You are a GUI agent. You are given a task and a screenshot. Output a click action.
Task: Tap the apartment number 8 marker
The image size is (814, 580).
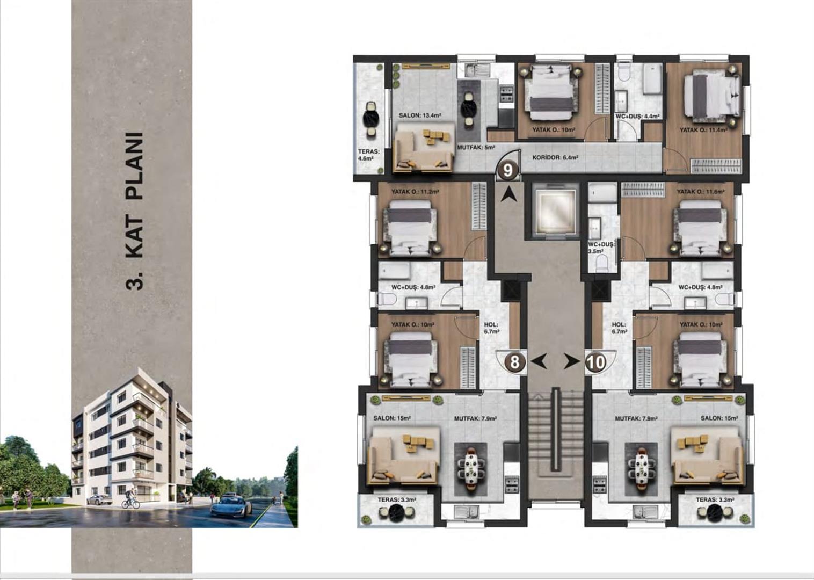(x=514, y=362)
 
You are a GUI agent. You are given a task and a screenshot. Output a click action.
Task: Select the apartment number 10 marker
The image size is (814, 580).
(x=596, y=362)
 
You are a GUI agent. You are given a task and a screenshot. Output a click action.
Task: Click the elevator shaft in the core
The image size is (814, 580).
(x=555, y=211)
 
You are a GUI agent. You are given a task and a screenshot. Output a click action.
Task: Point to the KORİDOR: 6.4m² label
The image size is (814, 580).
(x=555, y=158)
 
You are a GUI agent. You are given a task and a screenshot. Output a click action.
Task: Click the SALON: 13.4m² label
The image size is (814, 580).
(x=420, y=115)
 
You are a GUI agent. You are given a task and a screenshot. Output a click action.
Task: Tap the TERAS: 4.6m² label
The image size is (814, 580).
(x=369, y=155)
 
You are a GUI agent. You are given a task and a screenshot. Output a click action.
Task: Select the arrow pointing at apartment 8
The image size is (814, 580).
(x=539, y=362)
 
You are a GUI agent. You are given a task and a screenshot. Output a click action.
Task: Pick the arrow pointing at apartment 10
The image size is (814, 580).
(x=572, y=362)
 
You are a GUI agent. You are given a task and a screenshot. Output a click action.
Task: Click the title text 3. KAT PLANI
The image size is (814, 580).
(x=134, y=211)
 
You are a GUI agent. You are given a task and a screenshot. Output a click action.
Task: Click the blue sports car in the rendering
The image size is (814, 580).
(x=231, y=505)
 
